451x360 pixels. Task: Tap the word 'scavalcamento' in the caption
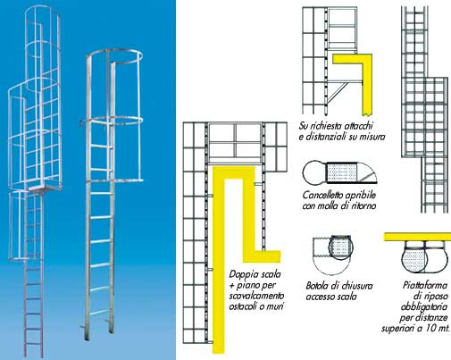click(256, 296)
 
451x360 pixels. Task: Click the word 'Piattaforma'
click(425, 285)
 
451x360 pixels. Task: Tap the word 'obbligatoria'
click(424, 307)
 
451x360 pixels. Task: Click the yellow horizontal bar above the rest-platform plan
click(417, 237)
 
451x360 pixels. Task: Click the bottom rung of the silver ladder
click(98, 313)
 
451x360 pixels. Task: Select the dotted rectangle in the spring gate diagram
click(342, 173)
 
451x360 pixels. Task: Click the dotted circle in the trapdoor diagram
click(341, 247)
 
